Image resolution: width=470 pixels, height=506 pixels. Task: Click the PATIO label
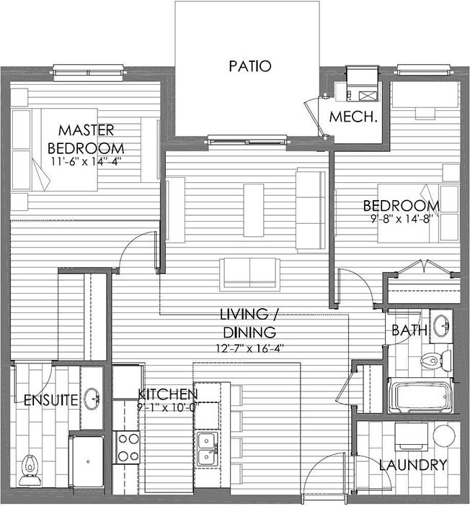click(250, 66)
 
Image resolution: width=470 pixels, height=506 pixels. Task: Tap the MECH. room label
click(353, 117)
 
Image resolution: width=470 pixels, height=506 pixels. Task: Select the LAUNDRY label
click(413, 465)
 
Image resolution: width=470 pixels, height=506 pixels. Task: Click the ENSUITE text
click(51, 400)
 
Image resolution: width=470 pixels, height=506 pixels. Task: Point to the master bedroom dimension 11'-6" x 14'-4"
click(86, 161)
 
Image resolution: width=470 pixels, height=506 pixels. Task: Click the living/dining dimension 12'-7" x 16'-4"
click(249, 348)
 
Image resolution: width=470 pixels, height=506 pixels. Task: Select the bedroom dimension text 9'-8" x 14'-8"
click(402, 220)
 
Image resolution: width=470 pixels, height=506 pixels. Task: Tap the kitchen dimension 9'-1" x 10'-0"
click(167, 407)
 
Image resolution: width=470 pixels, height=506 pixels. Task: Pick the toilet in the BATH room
click(436, 360)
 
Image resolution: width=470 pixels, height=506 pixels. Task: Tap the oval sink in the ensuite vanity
click(92, 399)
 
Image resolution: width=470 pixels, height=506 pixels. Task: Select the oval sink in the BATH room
click(441, 326)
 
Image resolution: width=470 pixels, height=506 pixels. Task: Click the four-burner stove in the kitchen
click(126, 447)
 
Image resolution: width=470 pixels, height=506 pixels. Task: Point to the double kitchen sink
click(208, 449)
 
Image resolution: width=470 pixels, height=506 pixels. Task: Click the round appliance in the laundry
click(444, 435)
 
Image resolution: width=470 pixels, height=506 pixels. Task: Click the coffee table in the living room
click(254, 210)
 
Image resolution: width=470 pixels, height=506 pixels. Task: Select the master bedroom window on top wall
click(89, 72)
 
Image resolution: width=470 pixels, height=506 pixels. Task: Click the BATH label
click(409, 330)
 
